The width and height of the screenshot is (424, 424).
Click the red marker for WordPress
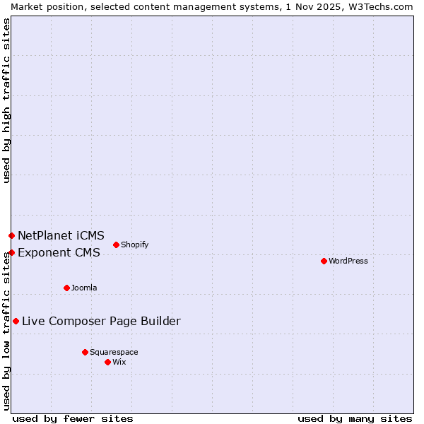(x=324, y=261)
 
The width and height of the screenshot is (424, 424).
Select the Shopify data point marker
(x=116, y=245)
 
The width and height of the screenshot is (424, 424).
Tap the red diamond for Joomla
(x=66, y=288)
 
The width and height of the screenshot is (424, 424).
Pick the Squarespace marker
(x=85, y=352)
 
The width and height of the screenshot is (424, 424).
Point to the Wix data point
(x=107, y=362)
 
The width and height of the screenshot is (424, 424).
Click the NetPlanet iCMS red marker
(x=11, y=235)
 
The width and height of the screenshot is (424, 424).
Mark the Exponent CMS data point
(x=11, y=252)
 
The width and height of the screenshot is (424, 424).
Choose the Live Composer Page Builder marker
(x=16, y=321)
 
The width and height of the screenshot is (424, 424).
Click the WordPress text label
(x=348, y=261)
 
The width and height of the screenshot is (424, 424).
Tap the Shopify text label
(x=134, y=245)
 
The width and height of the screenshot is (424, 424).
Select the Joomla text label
(x=84, y=288)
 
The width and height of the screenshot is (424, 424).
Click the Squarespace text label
(x=114, y=352)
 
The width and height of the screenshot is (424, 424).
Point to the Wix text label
(x=119, y=362)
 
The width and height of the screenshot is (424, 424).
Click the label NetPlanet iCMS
(x=61, y=235)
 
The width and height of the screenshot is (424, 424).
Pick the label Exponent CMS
(x=59, y=252)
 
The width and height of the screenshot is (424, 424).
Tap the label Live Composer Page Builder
(x=101, y=321)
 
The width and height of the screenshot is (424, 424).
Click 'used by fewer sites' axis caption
(x=73, y=418)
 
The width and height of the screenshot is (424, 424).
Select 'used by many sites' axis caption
(x=355, y=418)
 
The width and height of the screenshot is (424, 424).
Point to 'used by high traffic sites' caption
(x=6, y=100)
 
